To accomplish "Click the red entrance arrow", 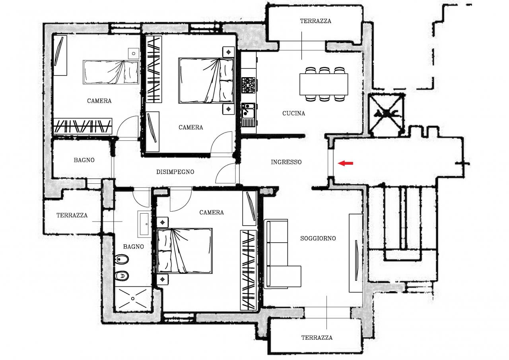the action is click(346, 163).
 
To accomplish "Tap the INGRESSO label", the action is click(286, 162).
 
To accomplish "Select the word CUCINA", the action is click(293, 113).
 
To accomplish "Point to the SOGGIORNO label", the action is click(318, 238).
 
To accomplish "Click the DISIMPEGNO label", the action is click(175, 172).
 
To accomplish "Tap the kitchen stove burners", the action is click(249, 85).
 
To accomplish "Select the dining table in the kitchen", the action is click(324, 84).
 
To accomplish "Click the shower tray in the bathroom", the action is click(133, 299).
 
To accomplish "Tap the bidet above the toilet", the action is click(122, 259).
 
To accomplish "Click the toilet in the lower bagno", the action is click(122, 276).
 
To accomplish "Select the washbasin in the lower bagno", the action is click(144, 224).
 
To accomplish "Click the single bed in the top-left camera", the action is click(111, 72).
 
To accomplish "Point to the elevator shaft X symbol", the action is click(386, 113).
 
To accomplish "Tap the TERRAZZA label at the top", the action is click(315, 21).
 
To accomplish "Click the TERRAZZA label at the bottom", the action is click(317, 338).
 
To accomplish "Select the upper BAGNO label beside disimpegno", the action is click(84, 160).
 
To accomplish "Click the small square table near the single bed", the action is click(133, 53).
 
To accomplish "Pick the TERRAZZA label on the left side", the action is click(72, 215).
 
